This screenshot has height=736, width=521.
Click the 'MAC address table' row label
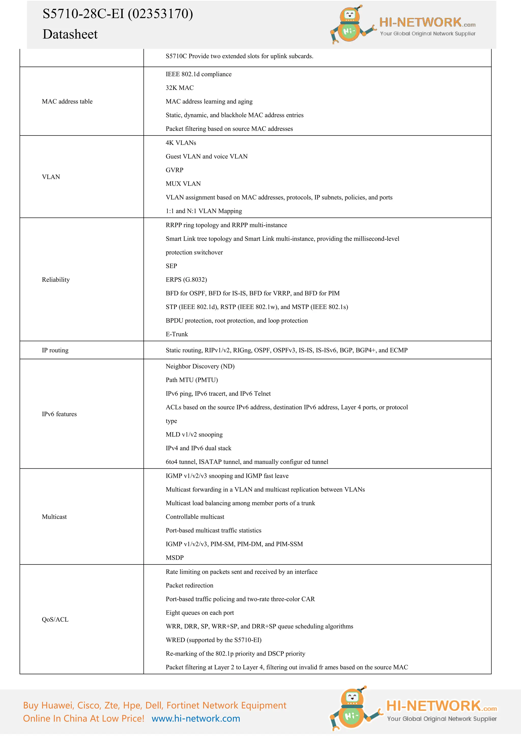click(x=67, y=101)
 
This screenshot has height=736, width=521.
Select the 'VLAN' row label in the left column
click(x=51, y=177)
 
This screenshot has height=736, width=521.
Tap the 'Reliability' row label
click(x=56, y=280)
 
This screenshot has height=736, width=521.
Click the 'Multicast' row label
click(x=54, y=516)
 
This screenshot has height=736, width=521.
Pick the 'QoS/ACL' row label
click(x=55, y=619)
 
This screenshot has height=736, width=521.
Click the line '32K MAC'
click(x=180, y=88)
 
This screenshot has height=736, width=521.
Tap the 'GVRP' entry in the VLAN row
click(x=175, y=170)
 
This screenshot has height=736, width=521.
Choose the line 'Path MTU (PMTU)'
click(x=192, y=380)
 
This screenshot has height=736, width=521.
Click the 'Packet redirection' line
click(x=189, y=585)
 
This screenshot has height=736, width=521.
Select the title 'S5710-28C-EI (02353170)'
click(x=118, y=14)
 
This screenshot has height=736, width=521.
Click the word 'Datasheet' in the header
click(x=70, y=34)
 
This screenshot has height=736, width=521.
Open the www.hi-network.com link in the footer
click(x=196, y=718)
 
